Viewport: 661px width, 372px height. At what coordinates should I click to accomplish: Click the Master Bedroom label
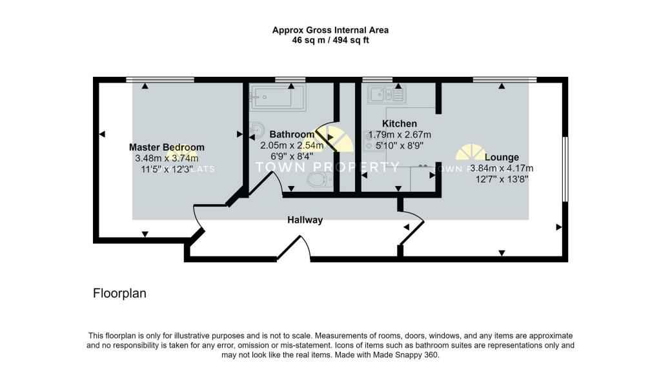point(167,147)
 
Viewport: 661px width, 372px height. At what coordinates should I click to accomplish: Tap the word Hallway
point(305,220)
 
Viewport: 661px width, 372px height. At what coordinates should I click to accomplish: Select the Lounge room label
point(502,157)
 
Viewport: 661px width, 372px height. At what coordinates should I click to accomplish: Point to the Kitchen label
point(400,123)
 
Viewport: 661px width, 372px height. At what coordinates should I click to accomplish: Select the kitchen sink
point(386,96)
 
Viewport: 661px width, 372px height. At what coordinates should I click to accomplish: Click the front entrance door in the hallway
point(294,249)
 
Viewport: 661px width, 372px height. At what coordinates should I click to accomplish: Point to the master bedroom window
point(160,79)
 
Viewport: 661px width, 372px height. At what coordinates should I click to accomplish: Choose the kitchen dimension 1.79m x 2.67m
point(400,135)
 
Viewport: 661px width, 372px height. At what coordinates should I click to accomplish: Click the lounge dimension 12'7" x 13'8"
point(502,180)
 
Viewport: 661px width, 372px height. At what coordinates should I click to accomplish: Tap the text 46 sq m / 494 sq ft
point(330,40)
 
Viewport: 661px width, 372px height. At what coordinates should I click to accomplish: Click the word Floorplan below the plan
point(119,293)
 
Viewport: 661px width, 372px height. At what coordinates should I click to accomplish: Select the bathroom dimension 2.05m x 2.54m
point(292,146)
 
